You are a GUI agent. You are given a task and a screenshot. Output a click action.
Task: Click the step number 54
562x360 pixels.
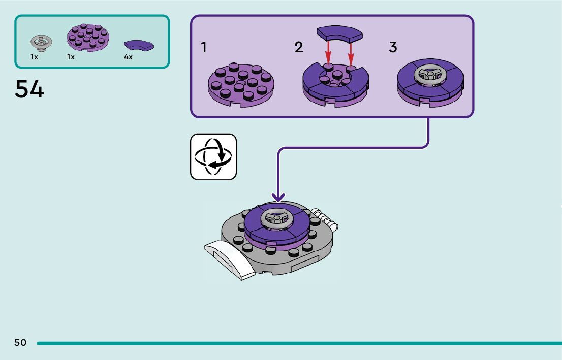[x=29, y=89]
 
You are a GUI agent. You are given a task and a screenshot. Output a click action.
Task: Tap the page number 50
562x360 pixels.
[x=20, y=342]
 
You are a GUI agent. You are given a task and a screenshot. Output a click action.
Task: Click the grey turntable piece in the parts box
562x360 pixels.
[x=41, y=43]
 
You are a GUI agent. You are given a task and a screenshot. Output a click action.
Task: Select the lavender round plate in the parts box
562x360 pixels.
[x=88, y=38]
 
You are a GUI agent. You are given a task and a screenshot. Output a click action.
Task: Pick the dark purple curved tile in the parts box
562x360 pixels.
[x=139, y=46]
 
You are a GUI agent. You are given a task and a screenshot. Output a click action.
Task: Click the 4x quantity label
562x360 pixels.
[x=129, y=57]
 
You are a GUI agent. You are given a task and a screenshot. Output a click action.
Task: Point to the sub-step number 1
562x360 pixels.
[x=204, y=47]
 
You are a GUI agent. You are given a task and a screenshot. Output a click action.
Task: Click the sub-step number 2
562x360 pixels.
[x=299, y=47]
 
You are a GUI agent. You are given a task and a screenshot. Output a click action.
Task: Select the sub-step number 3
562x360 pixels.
[x=393, y=47]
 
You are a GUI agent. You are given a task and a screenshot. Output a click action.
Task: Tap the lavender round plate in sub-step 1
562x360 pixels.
[x=241, y=85]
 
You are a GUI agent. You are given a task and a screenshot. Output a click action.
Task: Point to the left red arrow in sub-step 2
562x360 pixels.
[x=328, y=54]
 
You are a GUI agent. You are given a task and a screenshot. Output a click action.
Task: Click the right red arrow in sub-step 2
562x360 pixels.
[x=351, y=54]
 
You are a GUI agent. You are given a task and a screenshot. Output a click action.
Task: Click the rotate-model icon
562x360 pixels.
[x=213, y=157]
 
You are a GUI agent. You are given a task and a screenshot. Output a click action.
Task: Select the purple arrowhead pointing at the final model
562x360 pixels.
[x=278, y=197]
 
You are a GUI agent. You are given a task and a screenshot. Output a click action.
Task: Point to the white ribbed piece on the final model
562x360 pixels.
[x=324, y=219]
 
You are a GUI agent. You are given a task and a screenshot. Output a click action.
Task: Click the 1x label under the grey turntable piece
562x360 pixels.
[x=34, y=57]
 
